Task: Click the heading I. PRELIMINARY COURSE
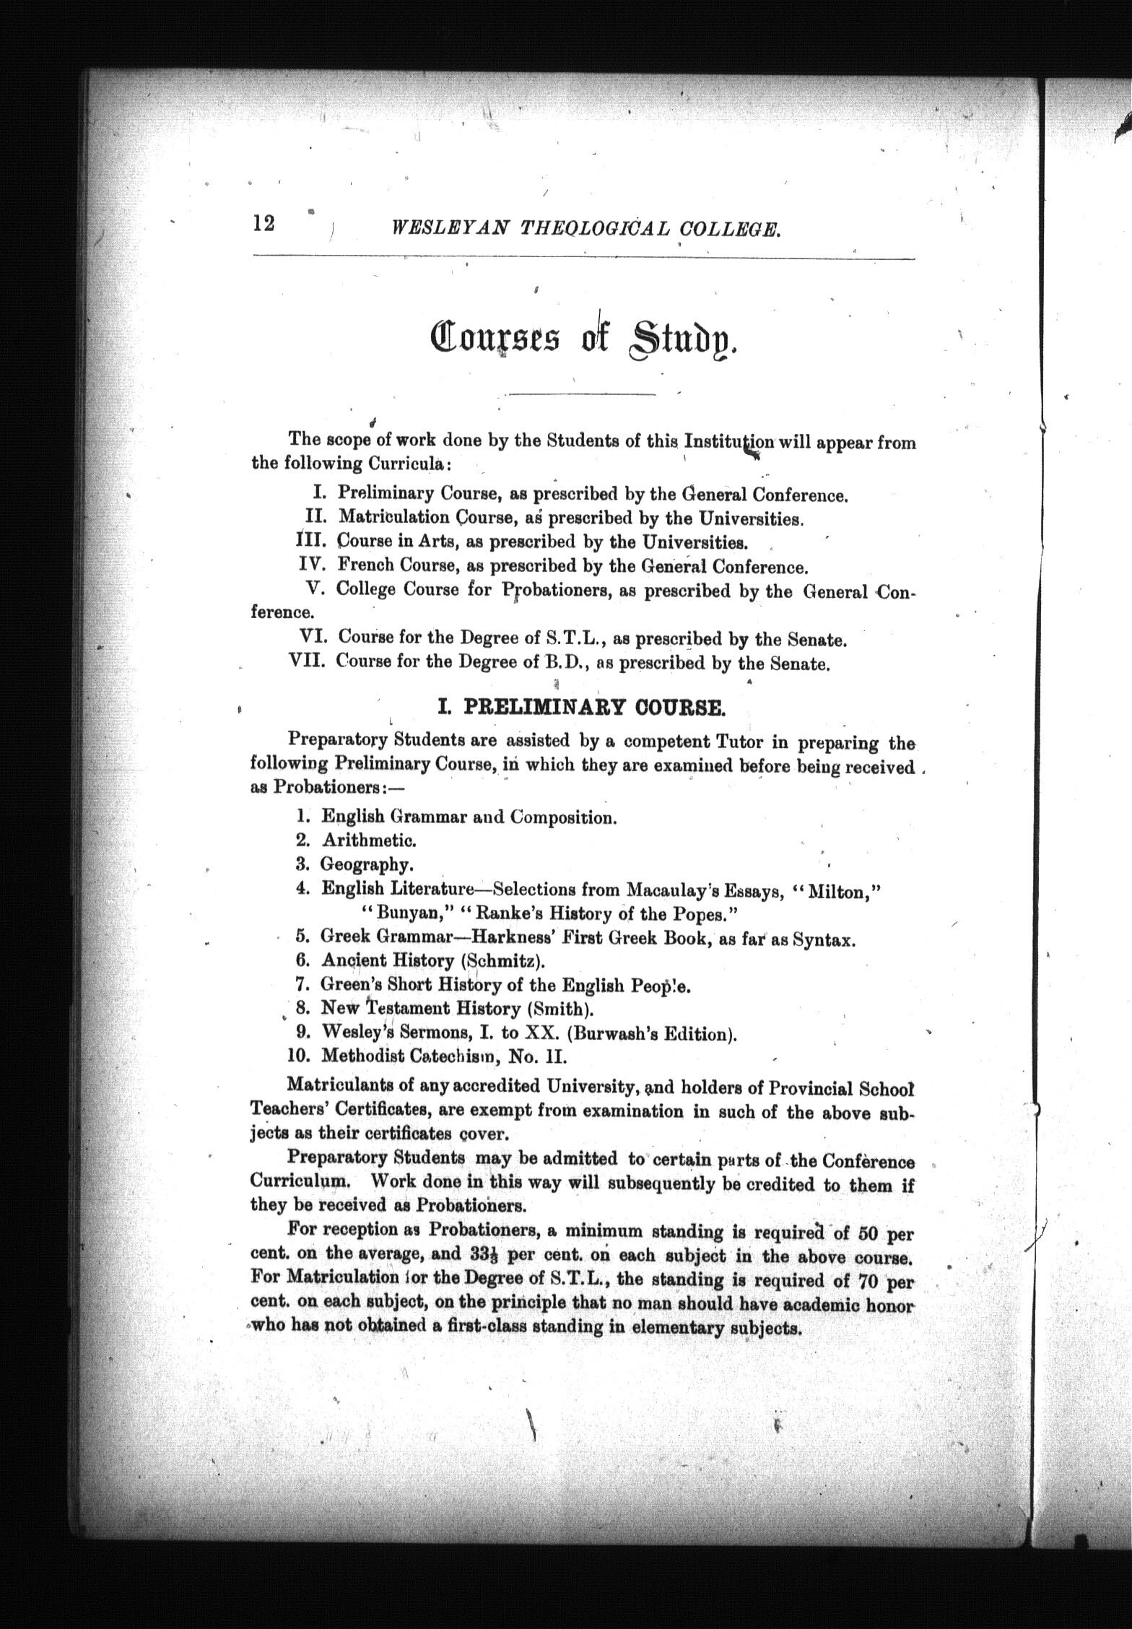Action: tap(581, 707)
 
